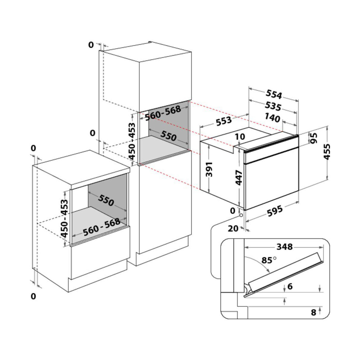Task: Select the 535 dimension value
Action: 273,106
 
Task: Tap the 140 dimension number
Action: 272,118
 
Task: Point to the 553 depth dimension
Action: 224,121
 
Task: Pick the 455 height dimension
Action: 327,152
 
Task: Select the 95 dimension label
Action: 314,138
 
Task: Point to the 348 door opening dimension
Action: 284,247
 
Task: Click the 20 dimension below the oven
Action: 233,228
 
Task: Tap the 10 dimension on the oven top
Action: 240,137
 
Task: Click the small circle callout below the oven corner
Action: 241,215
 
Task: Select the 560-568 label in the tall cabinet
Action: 163,113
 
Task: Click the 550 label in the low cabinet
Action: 106,200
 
